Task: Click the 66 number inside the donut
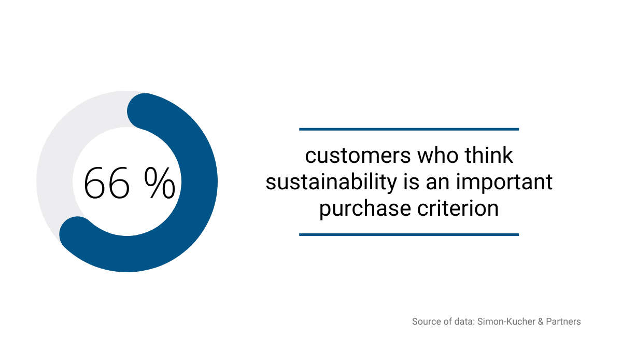pos(107,183)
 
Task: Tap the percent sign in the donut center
pos(160,183)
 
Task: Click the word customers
pos(358,156)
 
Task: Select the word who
pos(438,155)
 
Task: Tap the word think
pos(489,155)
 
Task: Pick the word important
pos(504,183)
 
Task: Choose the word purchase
pos(365,209)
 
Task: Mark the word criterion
pos(458,208)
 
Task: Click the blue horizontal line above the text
pos(409,129)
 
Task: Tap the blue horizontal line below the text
pos(409,235)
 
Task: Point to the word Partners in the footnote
pos(563,322)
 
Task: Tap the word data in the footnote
pos(464,322)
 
